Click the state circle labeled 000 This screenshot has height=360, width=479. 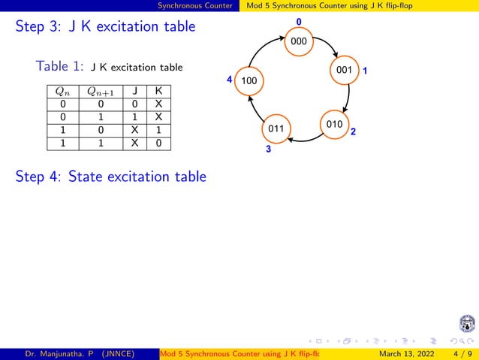299,41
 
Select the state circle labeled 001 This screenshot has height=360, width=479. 345,71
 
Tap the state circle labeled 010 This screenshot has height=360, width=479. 334,123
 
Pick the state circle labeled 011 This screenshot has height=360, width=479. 276,129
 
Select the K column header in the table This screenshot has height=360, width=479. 158,92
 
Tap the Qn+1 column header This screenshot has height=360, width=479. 100,92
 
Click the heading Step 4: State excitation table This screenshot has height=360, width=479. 110,177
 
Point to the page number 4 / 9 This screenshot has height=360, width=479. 458,354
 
